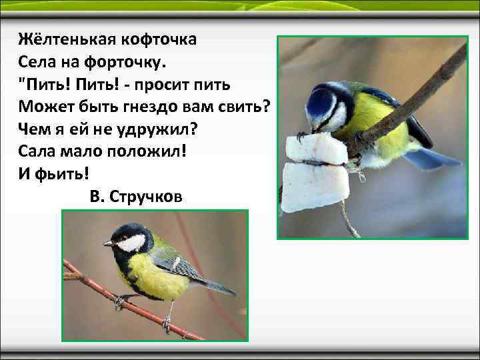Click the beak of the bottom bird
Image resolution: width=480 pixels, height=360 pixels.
tap(107, 244)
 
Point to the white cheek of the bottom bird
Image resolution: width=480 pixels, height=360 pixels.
tap(133, 243)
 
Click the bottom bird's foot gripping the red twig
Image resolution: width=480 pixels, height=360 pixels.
tap(120, 301)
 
